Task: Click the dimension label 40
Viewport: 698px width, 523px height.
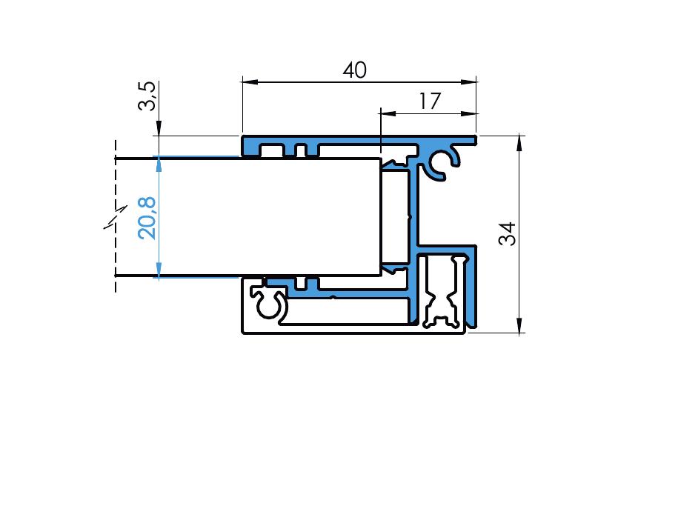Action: (x=355, y=70)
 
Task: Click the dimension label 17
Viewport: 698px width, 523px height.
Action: (x=430, y=101)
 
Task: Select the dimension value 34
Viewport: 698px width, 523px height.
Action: (x=507, y=233)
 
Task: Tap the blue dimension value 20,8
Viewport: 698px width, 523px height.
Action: (x=147, y=218)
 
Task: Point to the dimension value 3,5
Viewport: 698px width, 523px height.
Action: (x=147, y=96)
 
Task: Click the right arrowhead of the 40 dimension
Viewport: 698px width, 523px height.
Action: (x=469, y=82)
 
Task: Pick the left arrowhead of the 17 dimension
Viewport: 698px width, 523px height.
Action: (x=388, y=113)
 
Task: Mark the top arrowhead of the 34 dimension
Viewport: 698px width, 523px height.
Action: (x=519, y=144)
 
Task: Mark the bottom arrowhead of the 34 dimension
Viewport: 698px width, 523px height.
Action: (x=519, y=324)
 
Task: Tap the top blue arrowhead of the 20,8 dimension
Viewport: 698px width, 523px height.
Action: (x=159, y=164)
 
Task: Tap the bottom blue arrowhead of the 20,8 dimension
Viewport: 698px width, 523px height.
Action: (x=159, y=270)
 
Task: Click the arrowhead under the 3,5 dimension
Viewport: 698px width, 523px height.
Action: (x=159, y=127)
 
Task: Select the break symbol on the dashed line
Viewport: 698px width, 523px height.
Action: (x=116, y=217)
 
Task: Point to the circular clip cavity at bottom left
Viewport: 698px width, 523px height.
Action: (x=268, y=305)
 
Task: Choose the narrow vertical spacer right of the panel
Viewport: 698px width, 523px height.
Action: (x=395, y=217)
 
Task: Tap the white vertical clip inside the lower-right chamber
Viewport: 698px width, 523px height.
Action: (x=443, y=292)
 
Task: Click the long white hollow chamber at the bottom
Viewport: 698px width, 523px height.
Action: (x=348, y=311)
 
